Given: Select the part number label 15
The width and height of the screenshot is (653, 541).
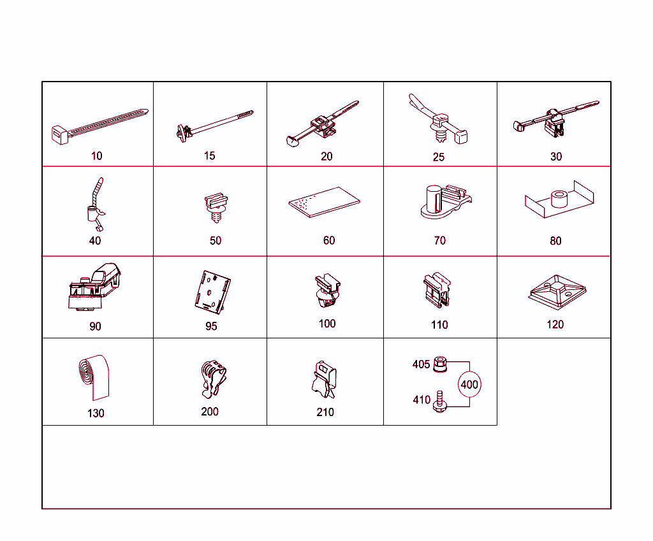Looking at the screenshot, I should click(210, 155).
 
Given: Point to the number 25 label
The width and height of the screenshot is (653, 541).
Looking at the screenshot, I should click(439, 157).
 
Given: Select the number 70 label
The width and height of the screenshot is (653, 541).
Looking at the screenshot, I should click(439, 240).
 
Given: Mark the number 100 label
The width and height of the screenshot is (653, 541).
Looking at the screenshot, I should click(327, 323).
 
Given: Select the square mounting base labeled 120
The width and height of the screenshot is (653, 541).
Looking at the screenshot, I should click(557, 291).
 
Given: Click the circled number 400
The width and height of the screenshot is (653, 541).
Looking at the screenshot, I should click(469, 384).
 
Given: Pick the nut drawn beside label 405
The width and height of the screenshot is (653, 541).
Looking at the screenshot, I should click(439, 364).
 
